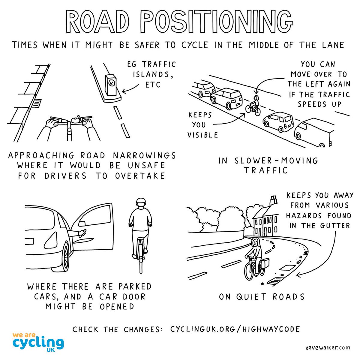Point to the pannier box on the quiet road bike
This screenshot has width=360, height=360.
pos(264,262)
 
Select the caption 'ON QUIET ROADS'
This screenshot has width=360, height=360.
pos(262,297)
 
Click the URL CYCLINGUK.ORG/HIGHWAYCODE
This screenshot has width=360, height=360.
pos(235,329)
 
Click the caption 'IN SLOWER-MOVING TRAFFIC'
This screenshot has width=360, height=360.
pos(268,165)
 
